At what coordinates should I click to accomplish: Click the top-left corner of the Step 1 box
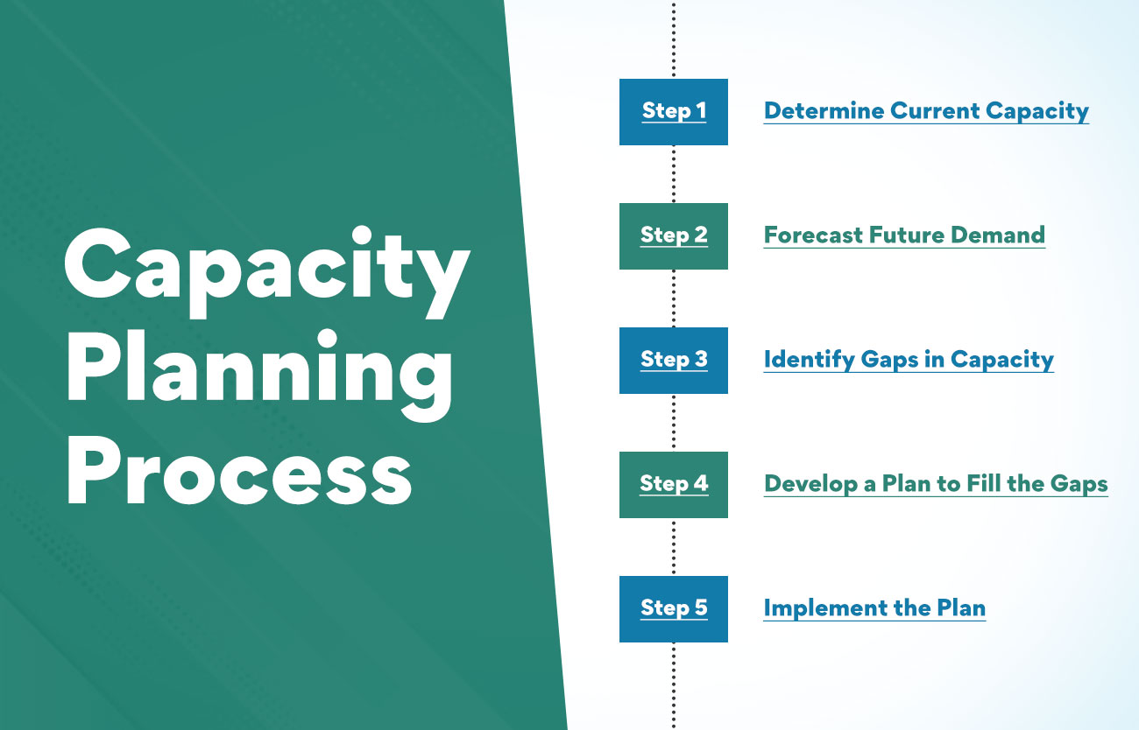(619, 80)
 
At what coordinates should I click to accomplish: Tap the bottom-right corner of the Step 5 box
(727, 642)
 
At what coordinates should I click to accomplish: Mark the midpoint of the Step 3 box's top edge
(674, 327)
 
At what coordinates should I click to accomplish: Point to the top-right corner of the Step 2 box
(727, 203)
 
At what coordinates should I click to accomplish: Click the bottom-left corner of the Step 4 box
(619, 517)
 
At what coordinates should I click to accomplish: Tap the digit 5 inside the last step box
(701, 607)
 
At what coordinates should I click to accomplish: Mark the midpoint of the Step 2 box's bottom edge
(674, 269)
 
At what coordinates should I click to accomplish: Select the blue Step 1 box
(674, 112)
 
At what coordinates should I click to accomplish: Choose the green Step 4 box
(674, 485)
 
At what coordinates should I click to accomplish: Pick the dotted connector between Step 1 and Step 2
(674, 174)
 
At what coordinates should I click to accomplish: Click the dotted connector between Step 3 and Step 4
(674, 423)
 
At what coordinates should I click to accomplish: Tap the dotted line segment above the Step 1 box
(674, 39)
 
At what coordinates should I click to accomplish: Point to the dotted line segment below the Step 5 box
(674, 686)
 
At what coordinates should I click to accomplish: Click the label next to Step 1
(926, 112)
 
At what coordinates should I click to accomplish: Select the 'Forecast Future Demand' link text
(904, 235)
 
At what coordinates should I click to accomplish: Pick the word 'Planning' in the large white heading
(259, 375)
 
